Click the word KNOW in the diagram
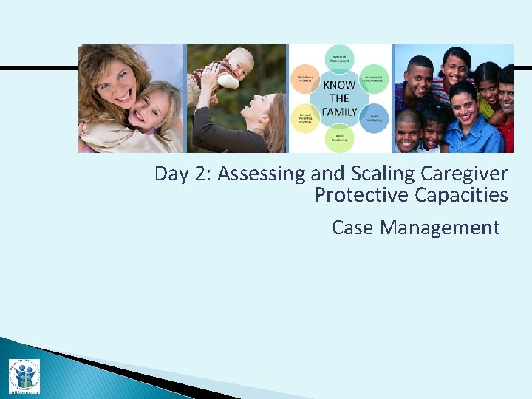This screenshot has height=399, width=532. point(339,85)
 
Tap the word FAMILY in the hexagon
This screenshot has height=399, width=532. point(339,112)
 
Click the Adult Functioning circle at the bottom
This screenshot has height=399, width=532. point(340,137)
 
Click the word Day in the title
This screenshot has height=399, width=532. point(168,174)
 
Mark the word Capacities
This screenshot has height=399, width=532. point(461,196)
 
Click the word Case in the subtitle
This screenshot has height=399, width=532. point(352,228)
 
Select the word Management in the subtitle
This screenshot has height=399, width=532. point(440,228)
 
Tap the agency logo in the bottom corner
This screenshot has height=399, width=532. point(24,375)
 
